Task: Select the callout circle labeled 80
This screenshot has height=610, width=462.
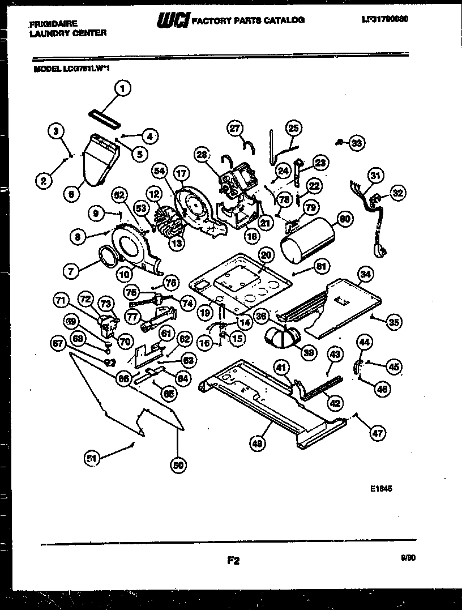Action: tap(344, 217)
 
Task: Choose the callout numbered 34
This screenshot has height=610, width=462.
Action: tap(366, 275)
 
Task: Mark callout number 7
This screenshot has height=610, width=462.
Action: tap(70, 271)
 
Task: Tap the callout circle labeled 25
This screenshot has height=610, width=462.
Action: tap(294, 128)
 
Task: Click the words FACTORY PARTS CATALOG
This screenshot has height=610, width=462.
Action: tap(248, 20)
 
